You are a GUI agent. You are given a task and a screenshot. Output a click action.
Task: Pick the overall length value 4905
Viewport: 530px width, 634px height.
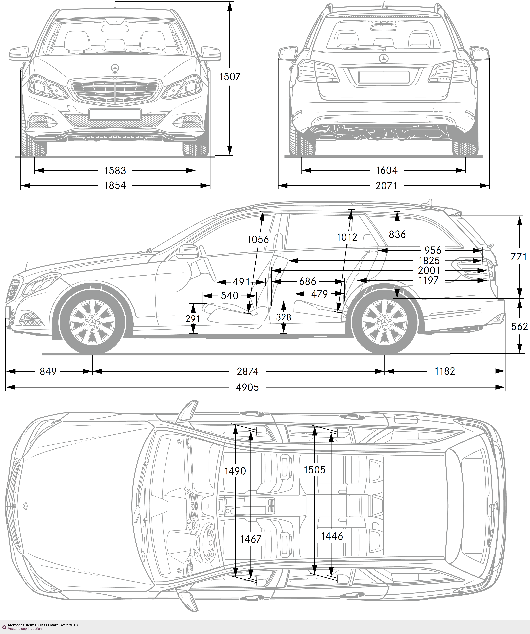[248, 387]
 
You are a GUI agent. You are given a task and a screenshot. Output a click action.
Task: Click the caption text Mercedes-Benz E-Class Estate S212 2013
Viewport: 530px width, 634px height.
[43, 625]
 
